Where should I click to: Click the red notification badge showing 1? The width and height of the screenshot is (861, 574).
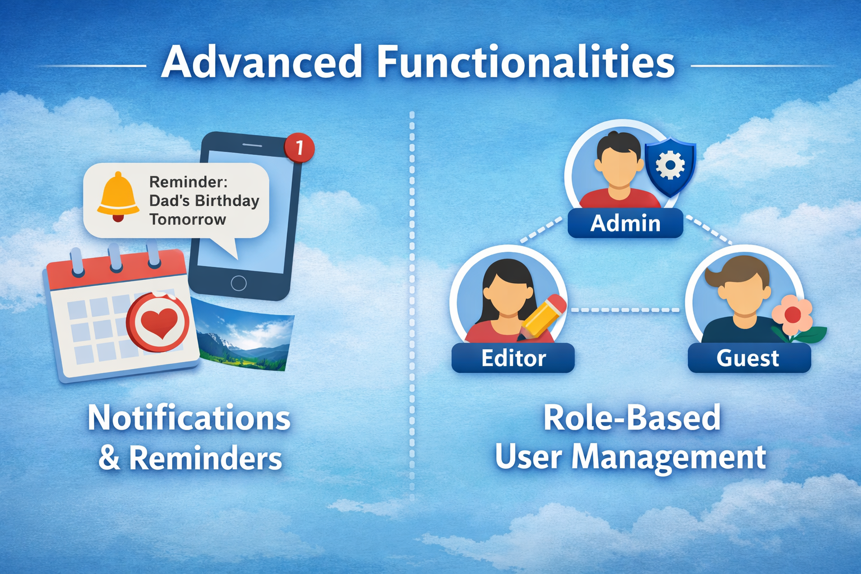pos(299,147)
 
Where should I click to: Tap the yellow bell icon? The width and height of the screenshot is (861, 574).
pos(118,197)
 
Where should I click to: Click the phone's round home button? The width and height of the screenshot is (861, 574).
pos(239,283)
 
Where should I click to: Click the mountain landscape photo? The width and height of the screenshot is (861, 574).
pos(244,335)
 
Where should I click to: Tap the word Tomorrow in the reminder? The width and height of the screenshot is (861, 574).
pos(188,220)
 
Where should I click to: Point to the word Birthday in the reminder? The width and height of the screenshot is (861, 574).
pos(227,201)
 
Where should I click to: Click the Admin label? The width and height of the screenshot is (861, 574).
pos(626,223)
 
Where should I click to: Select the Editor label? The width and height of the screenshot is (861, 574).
pos(513,358)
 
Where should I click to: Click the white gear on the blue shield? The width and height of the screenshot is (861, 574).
pos(670,165)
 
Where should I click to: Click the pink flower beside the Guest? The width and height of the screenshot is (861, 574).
pos(793,314)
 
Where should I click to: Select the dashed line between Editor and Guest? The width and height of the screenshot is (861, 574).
pos(626,310)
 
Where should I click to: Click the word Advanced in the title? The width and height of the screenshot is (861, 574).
pos(261,62)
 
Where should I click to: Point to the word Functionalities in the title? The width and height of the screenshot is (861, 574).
pos(526,62)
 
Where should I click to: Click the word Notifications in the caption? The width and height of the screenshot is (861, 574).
pos(189,418)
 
